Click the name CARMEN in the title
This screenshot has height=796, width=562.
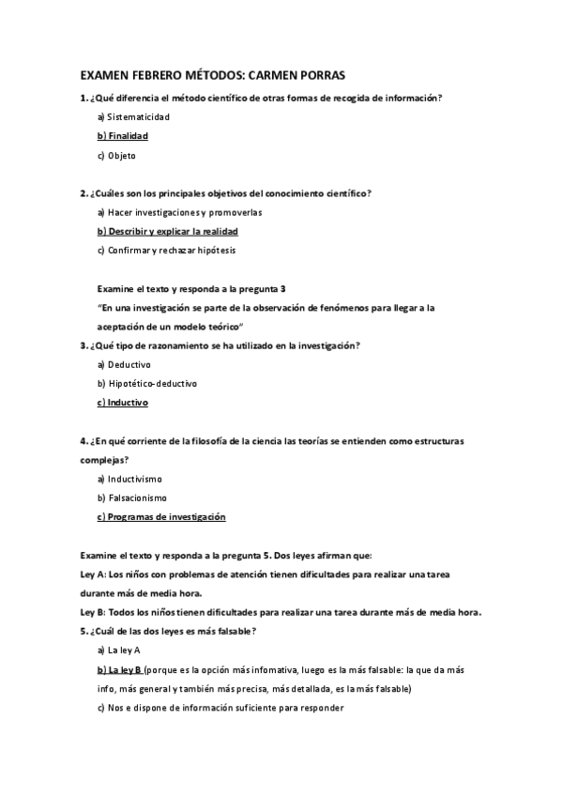283,77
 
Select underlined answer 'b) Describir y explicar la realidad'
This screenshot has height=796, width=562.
167,231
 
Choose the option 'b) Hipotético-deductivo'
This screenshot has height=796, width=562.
146,383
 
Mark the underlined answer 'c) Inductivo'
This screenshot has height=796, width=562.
122,403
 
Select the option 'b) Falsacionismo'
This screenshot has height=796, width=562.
131,497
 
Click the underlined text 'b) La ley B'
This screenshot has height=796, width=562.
120,669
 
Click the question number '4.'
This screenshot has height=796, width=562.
84,440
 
